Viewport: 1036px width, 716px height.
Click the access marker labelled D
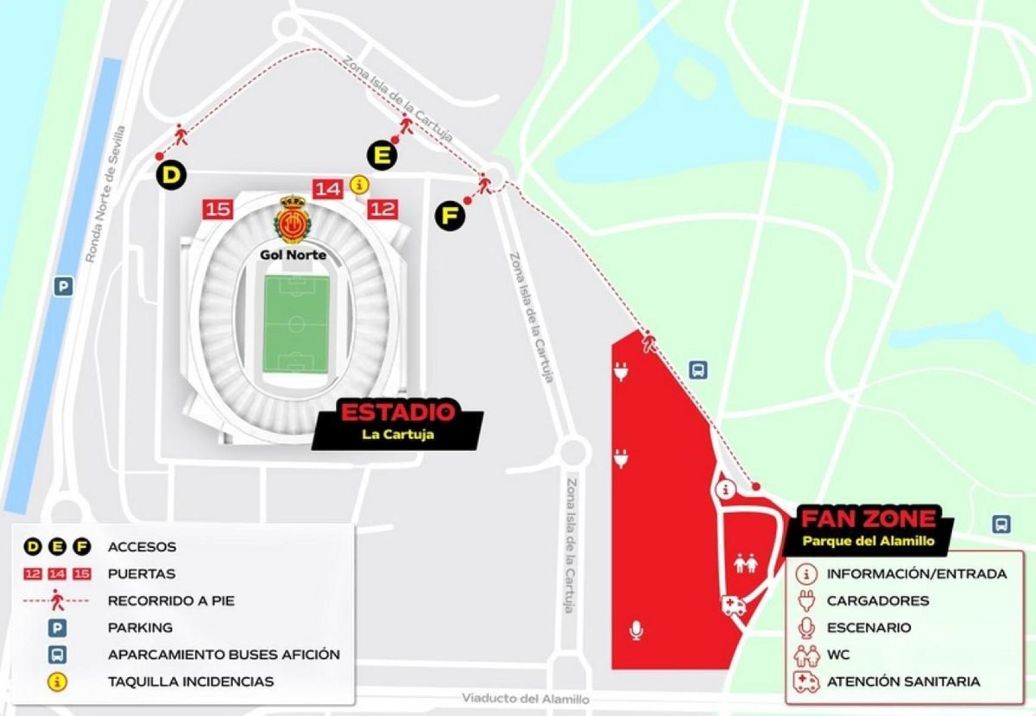(x=172, y=175)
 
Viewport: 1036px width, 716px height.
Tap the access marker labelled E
(x=382, y=155)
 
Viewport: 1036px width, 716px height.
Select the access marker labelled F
(x=450, y=216)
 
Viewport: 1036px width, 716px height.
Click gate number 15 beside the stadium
(x=217, y=210)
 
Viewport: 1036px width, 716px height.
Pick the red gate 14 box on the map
(x=327, y=189)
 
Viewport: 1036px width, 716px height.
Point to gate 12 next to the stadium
(x=383, y=209)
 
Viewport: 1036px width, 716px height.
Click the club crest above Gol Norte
(x=293, y=220)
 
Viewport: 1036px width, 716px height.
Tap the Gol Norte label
(x=293, y=255)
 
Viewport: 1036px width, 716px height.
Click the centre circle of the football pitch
(x=296, y=324)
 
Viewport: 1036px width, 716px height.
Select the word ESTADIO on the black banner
(x=398, y=413)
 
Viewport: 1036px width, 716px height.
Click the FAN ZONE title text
(x=868, y=519)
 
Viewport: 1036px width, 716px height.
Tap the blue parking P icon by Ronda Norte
(x=63, y=286)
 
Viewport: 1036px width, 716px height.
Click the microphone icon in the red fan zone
(x=636, y=630)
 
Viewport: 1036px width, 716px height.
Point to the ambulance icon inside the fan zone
(x=734, y=605)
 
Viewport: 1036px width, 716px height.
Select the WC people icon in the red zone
(x=745, y=564)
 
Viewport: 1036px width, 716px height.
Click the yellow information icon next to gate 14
(x=360, y=184)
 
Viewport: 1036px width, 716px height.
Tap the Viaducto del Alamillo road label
(x=525, y=699)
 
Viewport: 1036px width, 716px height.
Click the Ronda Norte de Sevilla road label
(x=105, y=194)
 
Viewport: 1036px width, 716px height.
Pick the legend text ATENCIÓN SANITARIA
(x=903, y=681)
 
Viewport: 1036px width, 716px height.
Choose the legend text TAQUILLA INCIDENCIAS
(x=190, y=681)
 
